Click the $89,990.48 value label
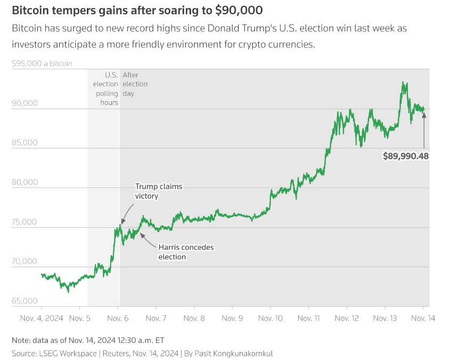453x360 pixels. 406,156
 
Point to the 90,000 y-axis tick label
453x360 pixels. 24,103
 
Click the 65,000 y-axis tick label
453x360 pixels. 24,301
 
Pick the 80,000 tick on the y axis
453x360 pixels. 24,182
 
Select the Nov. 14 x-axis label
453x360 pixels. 423,318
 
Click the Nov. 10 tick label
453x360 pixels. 270,318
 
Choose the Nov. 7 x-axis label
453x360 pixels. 156,318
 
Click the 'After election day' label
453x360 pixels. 135,84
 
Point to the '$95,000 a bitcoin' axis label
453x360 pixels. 42,63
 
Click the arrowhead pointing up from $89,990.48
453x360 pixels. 424,113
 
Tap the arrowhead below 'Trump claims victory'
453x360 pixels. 122,222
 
